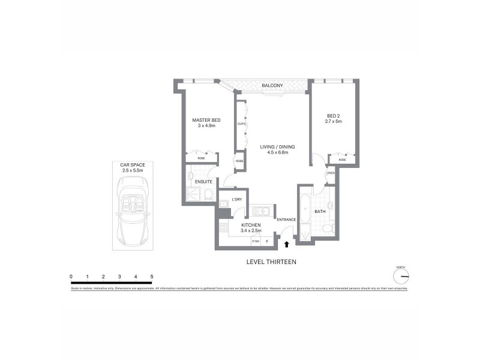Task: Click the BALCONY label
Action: pyautogui.click(x=272, y=86)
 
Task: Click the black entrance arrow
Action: pyautogui.click(x=287, y=244)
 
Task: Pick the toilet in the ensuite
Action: pyautogui.click(x=207, y=194)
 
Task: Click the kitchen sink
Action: pyautogui.click(x=261, y=212)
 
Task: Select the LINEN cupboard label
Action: pyautogui.click(x=330, y=173)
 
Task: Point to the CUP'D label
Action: pyautogui.click(x=241, y=124)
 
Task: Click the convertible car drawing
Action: pyautogui.click(x=131, y=217)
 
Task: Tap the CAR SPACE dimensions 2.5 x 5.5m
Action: pyautogui.click(x=131, y=171)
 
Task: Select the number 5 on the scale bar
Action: pyautogui.click(x=152, y=277)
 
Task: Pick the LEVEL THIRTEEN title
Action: pyautogui.click(x=272, y=262)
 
